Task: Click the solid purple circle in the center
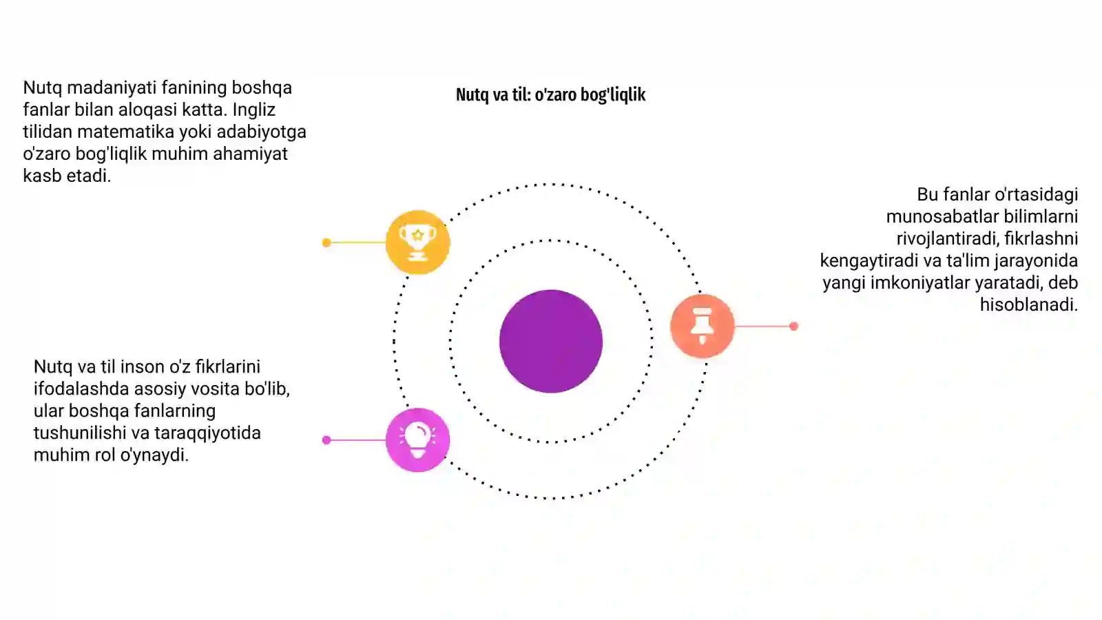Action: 550,342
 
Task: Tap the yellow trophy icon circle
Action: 417,242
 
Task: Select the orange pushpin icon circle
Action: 702,326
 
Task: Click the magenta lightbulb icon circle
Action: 417,440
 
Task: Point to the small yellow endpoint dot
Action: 326,242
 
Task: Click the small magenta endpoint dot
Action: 326,440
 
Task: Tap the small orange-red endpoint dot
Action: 793,327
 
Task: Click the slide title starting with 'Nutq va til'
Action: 550,94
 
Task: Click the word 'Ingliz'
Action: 254,110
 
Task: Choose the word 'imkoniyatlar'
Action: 917,283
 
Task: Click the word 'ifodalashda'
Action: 81,389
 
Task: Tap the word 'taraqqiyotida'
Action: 207,433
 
